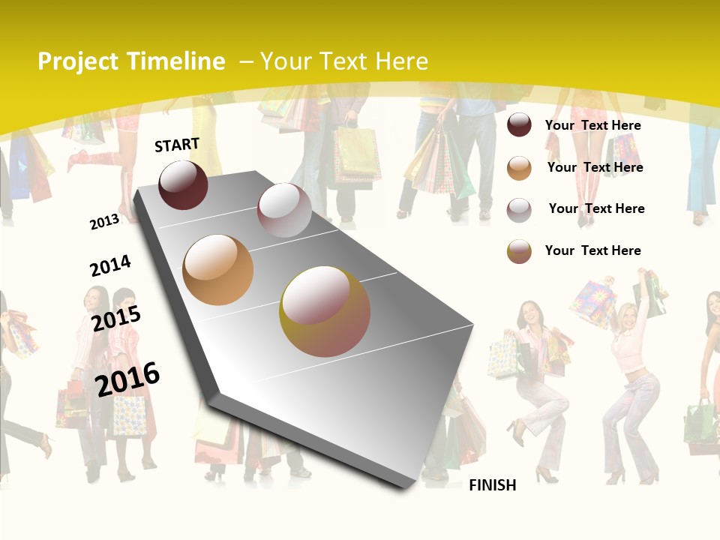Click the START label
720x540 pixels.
click(177, 145)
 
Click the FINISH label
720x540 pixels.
click(492, 485)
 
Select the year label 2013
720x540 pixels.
click(104, 221)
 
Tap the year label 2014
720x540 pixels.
click(110, 265)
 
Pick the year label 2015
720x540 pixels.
click(116, 318)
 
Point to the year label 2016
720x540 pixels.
click(127, 379)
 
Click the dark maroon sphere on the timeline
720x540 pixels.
click(184, 184)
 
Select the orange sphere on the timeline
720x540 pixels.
click(218, 270)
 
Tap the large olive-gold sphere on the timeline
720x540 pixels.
click(325, 311)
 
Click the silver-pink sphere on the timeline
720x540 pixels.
click(284, 210)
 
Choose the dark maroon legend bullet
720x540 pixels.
click(519, 125)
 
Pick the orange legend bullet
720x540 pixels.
click(519, 168)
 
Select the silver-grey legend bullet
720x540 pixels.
click(519, 209)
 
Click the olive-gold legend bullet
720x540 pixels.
click(519, 251)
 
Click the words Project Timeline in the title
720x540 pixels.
click(131, 61)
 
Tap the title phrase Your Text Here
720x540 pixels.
click(344, 61)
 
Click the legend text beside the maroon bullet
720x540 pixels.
click(592, 125)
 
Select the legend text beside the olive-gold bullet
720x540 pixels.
click(592, 250)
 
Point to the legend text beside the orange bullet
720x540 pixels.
click(595, 167)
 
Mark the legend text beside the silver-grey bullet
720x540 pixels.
click(596, 208)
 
